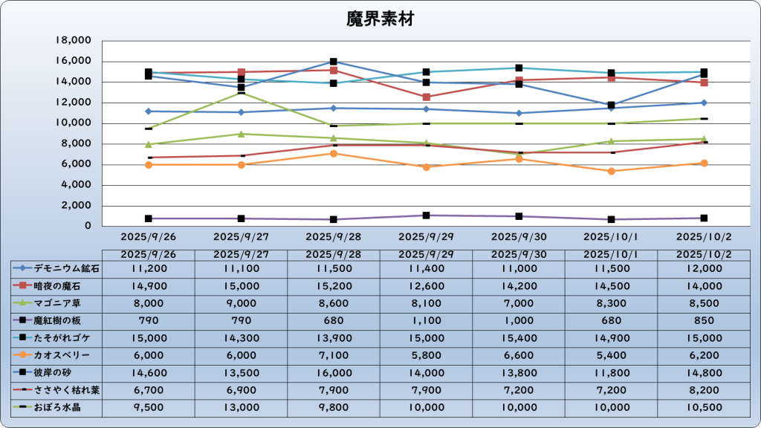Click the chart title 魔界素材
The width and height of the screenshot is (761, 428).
click(380, 19)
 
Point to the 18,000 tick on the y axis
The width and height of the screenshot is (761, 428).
click(73, 41)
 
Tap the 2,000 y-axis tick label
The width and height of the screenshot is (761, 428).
click(76, 206)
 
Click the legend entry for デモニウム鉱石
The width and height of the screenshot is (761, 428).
click(56, 268)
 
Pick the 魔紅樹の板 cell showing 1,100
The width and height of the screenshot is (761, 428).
click(426, 321)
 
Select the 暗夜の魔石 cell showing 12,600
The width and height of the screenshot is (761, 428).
click(426, 286)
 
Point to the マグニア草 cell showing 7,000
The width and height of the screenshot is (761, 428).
click(519, 303)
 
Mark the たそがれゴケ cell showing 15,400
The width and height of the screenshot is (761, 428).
click(519, 338)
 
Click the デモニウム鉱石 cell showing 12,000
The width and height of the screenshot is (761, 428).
click(704, 268)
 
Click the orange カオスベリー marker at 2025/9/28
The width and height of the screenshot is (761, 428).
click(334, 153)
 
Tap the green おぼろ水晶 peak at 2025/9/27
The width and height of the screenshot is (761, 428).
click(241, 93)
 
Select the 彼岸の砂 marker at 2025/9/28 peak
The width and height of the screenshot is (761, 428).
click(334, 62)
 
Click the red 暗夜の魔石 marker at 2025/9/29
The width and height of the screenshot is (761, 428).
click(427, 97)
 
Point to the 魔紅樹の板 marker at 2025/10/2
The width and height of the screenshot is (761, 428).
click(704, 218)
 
